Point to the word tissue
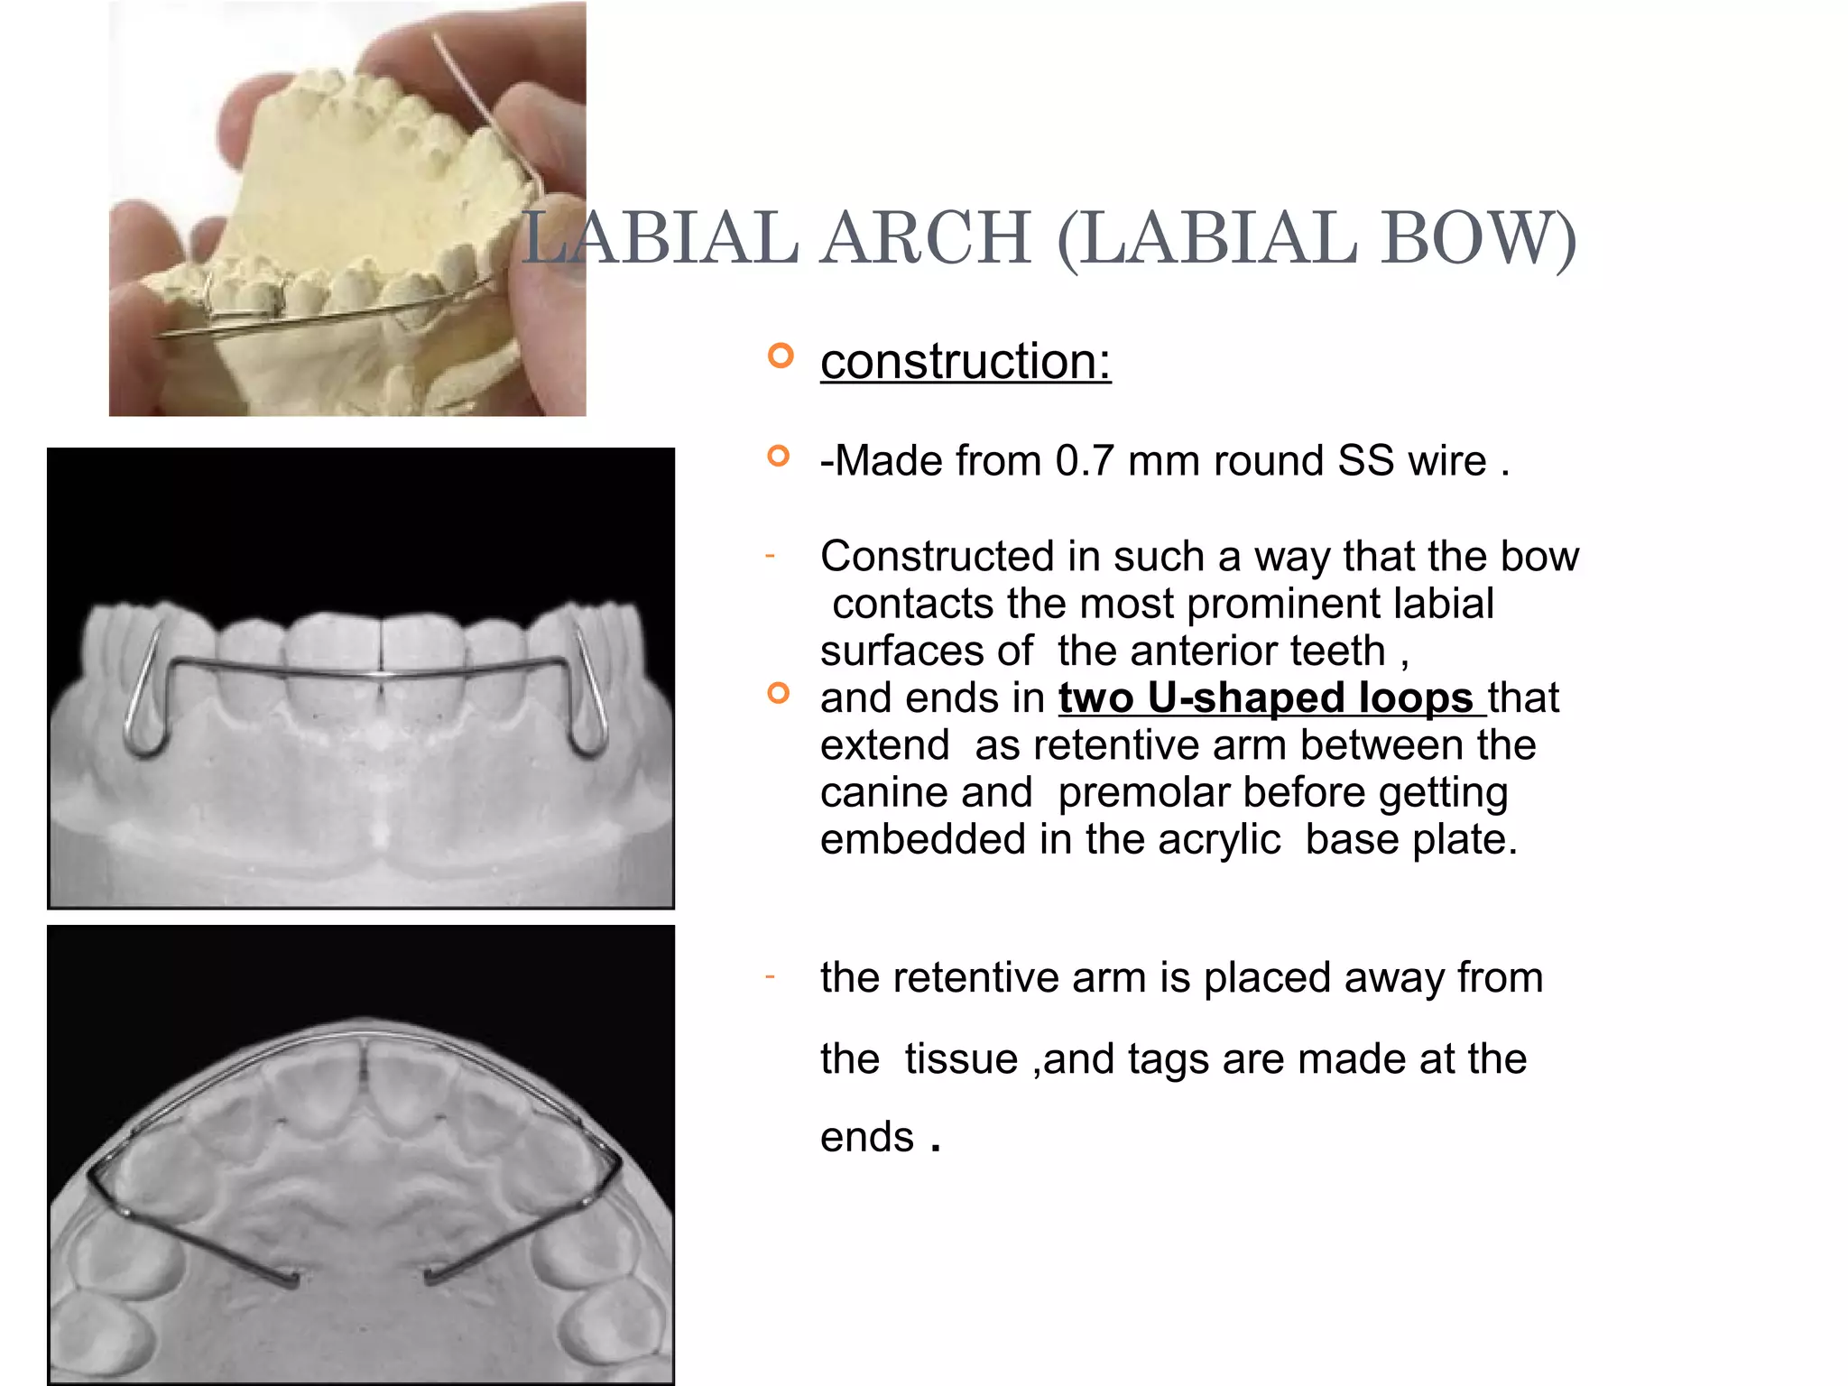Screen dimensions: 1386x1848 [x=961, y=1058]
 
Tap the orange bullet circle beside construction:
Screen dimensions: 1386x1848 [x=781, y=356]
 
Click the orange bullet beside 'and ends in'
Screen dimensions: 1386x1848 [x=778, y=693]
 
